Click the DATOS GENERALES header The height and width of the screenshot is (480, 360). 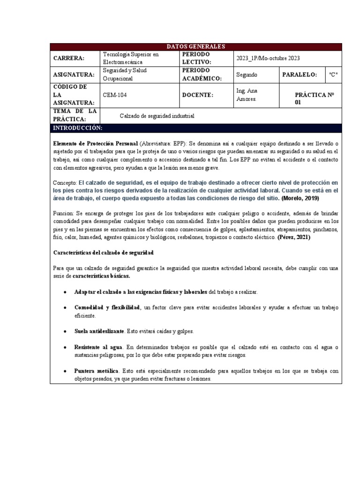coord(196,46)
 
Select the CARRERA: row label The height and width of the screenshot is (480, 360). coord(69,58)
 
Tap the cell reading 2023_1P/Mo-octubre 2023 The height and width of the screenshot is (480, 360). coord(268,58)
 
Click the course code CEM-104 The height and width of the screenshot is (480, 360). coord(114,95)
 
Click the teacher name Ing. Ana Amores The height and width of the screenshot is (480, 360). coord(247,95)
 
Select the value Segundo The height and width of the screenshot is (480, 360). coord(247,75)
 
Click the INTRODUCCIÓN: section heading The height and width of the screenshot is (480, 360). coord(77,128)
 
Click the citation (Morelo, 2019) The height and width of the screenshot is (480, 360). coord(300,198)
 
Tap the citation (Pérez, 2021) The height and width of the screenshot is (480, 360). coord(293,237)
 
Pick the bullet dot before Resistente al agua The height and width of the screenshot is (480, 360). coord(64,347)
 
